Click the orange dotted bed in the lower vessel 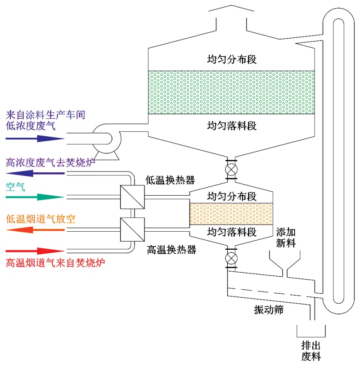point(231,214)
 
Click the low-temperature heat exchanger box point(133,197)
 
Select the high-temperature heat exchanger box point(133,229)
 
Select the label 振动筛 point(269,310)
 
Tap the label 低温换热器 point(170,180)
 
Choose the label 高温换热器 point(170,249)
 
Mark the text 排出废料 point(310,352)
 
